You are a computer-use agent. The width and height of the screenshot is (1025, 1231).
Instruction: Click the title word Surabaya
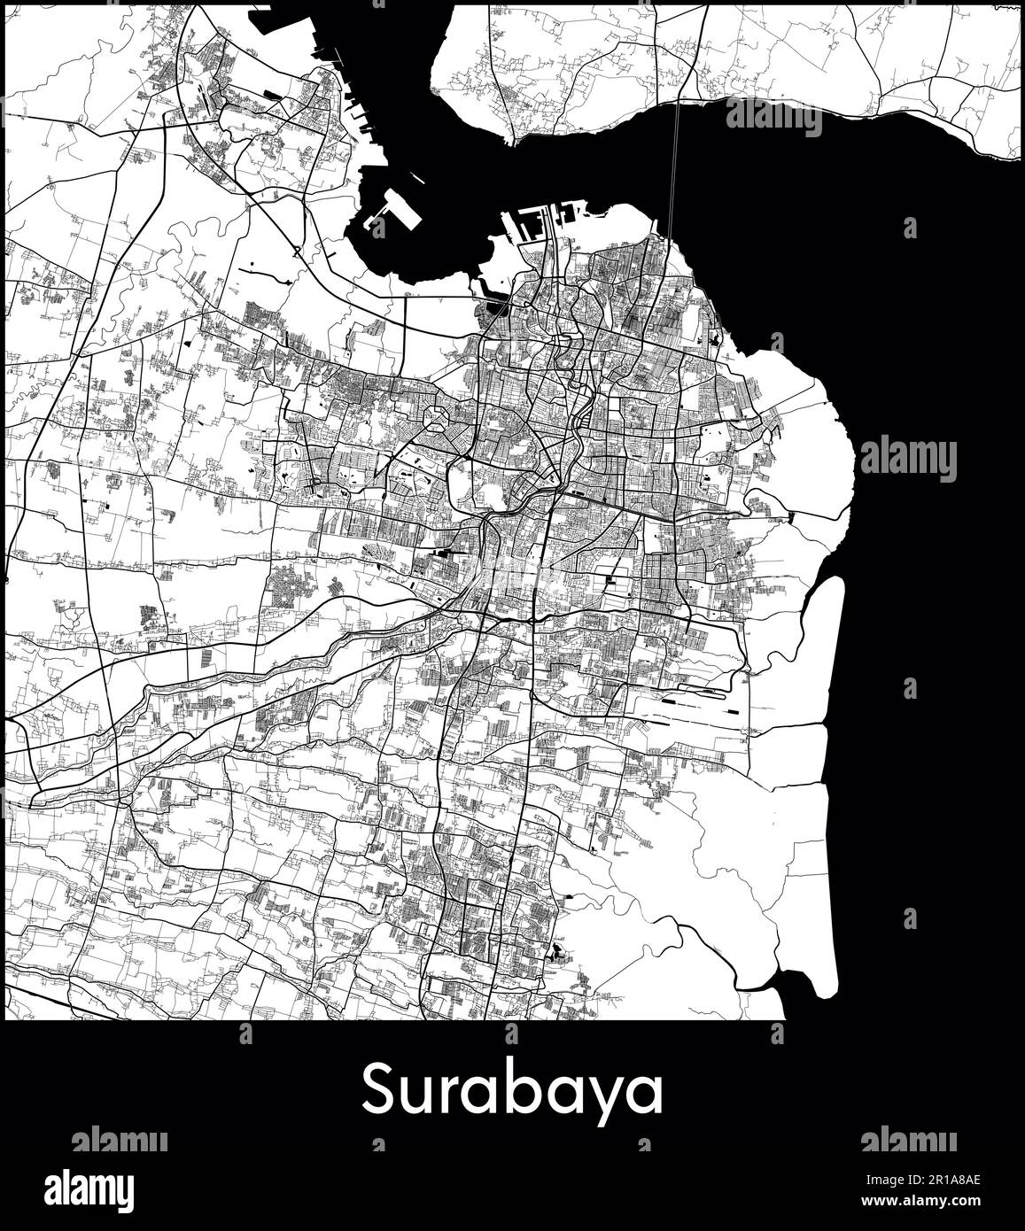[512, 1090]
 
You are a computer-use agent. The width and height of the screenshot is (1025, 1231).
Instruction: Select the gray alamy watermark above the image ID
[909, 1141]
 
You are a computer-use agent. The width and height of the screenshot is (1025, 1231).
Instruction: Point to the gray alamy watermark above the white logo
[119, 1141]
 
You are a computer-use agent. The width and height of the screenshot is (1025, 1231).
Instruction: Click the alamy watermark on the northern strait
[773, 117]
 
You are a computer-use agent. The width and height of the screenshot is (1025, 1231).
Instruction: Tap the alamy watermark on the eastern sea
[909, 458]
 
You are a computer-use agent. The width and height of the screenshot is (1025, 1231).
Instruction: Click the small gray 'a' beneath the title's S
[379, 1145]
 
